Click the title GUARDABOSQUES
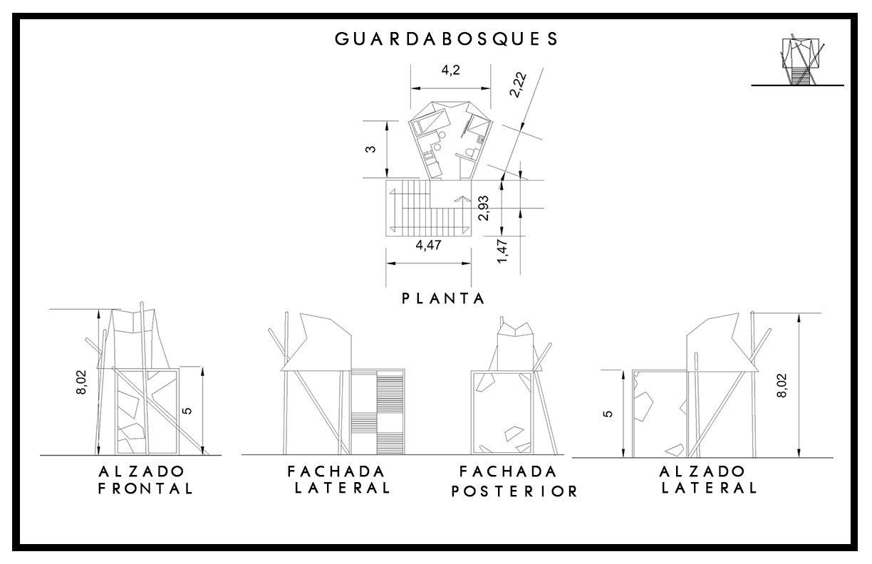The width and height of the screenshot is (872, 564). (447, 39)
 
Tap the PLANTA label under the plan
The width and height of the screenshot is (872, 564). (443, 299)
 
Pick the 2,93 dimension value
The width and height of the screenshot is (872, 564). (484, 208)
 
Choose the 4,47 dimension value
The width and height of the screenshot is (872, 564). (428, 246)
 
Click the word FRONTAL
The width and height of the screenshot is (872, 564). (145, 489)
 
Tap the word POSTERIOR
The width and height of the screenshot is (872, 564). (514, 491)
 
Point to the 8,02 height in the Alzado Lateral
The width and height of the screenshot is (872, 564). (783, 385)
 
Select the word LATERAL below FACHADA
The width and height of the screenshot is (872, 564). (342, 489)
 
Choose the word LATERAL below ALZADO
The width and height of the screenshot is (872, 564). (708, 489)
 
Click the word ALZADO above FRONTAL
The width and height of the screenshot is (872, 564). (142, 471)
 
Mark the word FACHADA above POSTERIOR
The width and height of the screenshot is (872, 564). (507, 471)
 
